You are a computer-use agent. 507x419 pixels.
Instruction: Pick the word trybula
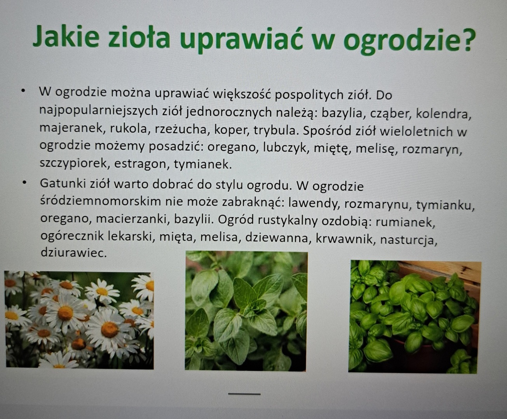[275, 130]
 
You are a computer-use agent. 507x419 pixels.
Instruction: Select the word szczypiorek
[73, 163]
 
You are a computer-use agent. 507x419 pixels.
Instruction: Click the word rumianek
[405, 222]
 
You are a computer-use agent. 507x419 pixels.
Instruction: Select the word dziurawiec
[73, 253]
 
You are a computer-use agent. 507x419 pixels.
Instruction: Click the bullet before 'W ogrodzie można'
[23, 91]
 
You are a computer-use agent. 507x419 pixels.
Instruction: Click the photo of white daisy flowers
[79, 320]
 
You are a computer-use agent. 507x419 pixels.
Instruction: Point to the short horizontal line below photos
[244, 394]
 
